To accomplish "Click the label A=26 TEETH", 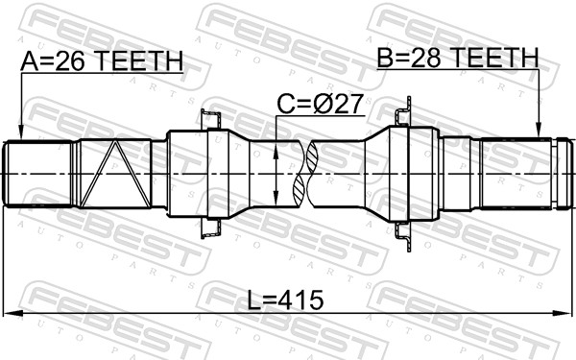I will [x=101, y=62].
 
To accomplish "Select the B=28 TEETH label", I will [x=458, y=60].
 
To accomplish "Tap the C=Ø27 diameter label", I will [x=321, y=104].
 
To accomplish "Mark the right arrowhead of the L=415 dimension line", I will [x=565, y=313].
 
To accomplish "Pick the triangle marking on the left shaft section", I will [x=112, y=173].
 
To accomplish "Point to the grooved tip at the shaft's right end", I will [x=560, y=174].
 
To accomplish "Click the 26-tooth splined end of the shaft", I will [x=38, y=173].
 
